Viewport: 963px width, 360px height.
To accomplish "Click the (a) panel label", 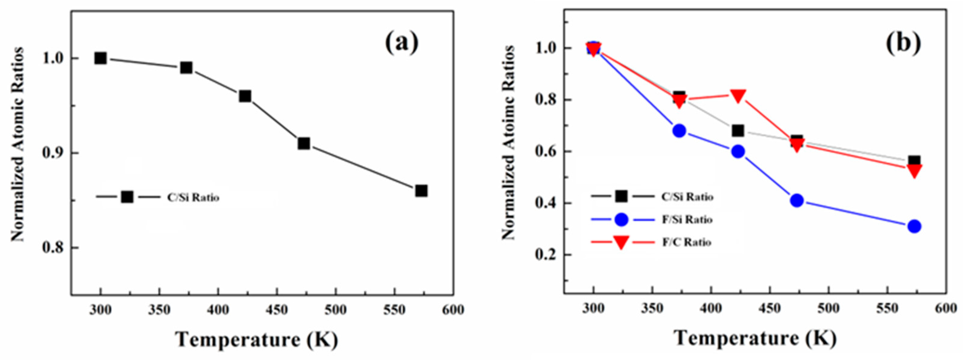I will (402, 43).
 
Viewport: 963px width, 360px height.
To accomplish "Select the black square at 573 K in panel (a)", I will (421, 191).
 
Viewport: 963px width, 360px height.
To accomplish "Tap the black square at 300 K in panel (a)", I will (100, 58).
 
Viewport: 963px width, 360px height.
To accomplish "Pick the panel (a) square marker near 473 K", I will (304, 144).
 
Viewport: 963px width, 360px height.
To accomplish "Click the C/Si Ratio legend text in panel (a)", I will (193, 197).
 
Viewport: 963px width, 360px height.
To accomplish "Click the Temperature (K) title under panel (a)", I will (257, 339).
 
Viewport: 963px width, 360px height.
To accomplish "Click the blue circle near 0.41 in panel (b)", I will (797, 201).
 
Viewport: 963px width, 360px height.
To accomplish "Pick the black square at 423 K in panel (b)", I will (738, 131).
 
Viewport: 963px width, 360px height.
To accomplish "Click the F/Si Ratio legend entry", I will (687, 219).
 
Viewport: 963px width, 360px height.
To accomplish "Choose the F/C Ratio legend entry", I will (686, 242).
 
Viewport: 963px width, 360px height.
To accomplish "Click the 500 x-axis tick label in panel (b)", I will (829, 309).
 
